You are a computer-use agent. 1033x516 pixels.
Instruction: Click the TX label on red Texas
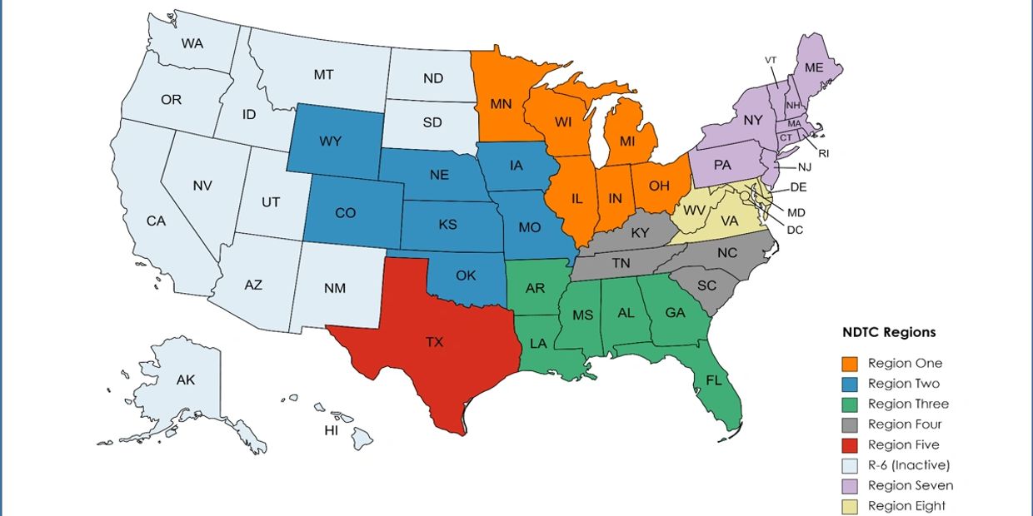434,343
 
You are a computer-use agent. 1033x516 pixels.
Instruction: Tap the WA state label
192,43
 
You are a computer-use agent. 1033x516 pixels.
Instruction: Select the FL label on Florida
713,381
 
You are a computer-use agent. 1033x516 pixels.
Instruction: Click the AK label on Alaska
185,380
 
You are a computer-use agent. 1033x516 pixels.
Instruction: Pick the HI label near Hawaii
332,430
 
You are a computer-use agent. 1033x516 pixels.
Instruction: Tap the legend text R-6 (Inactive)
908,465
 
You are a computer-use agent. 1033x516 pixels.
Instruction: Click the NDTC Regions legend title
888,332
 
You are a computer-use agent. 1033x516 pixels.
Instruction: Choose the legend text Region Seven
910,485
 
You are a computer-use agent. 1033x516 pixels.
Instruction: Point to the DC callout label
794,230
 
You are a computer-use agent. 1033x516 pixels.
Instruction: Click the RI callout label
824,153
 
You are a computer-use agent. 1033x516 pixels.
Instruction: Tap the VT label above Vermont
771,60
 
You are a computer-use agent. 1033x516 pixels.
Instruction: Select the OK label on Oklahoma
466,275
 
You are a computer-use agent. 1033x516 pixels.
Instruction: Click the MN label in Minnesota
500,105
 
